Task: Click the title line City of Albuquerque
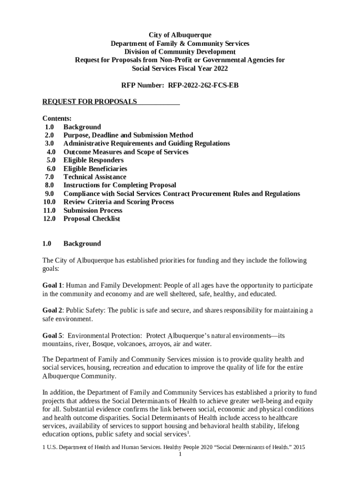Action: [180, 35]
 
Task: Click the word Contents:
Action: [57, 119]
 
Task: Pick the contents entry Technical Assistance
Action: [94, 177]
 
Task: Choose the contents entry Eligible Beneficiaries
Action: [95, 168]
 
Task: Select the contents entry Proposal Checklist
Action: [92, 218]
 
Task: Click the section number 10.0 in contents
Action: [49, 202]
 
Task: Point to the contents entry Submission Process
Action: [93, 210]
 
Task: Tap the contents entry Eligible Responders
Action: [94, 160]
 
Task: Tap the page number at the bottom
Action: [180, 454]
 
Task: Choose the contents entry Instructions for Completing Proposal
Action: [120, 185]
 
